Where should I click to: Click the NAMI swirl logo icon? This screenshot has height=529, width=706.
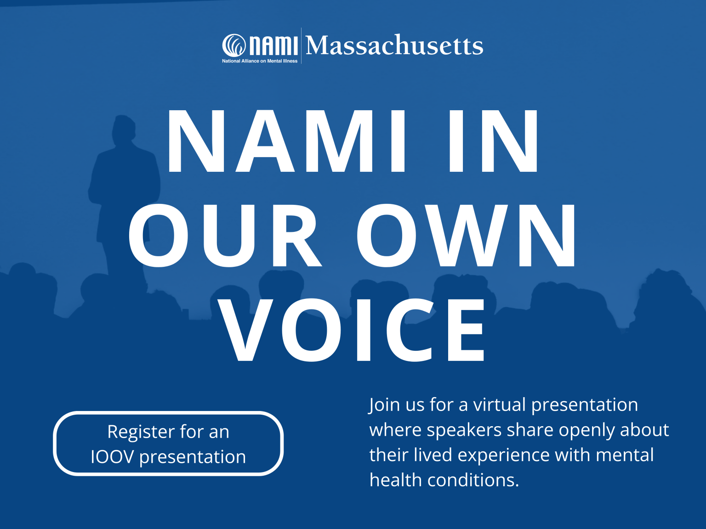234,45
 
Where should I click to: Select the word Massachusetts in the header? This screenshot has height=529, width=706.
394,45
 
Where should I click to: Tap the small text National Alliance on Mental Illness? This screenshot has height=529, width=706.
260,61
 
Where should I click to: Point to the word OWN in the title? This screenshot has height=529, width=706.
466,236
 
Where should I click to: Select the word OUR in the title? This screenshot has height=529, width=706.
225,236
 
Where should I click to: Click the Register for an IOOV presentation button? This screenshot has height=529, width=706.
168,444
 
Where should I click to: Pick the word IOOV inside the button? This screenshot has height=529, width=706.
112,457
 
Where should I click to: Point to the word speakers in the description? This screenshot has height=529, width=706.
464,430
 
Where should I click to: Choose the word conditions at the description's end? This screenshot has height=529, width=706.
473,480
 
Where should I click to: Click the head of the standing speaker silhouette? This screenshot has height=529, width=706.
124,129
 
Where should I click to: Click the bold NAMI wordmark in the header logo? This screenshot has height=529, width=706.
273,45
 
